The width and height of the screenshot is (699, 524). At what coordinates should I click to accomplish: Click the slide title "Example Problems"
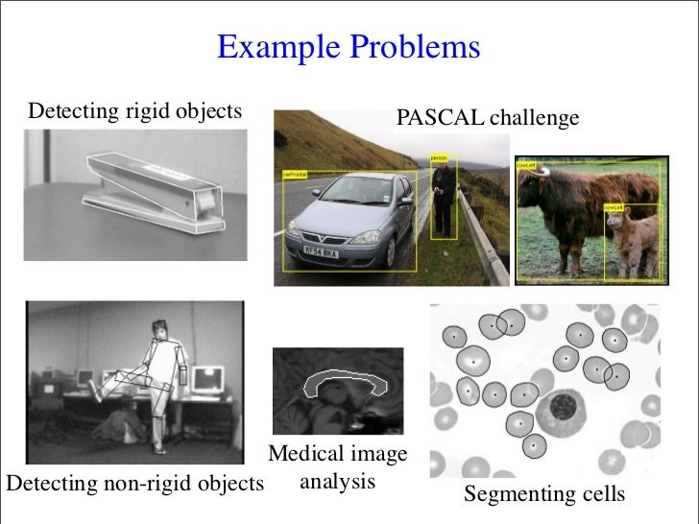pyautogui.click(x=349, y=47)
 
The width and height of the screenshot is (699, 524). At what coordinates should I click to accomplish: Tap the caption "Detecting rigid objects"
pyautogui.click(x=135, y=111)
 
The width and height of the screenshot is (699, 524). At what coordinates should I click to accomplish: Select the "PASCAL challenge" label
pyautogui.click(x=488, y=118)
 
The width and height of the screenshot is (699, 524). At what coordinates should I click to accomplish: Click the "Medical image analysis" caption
pyautogui.click(x=337, y=466)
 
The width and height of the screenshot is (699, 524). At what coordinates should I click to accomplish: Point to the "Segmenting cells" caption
pyautogui.click(x=544, y=494)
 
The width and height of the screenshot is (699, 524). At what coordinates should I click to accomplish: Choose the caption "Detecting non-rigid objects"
pyautogui.click(x=134, y=483)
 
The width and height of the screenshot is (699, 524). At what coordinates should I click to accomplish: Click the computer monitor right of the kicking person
pyautogui.click(x=206, y=379)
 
